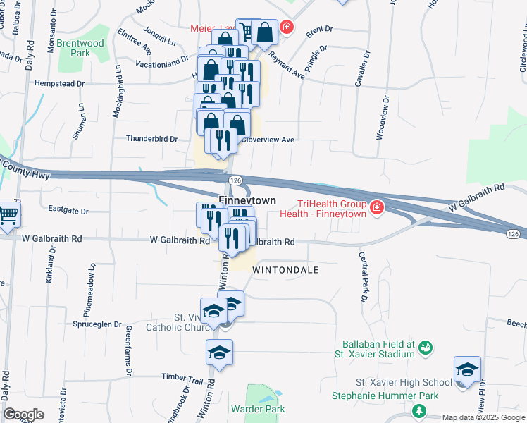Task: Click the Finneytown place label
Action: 247,201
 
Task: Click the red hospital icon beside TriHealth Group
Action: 377,207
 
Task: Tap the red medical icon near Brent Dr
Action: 286,27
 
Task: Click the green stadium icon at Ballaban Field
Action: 425,347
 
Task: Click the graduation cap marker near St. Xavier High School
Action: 467,369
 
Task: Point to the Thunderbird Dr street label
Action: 151,139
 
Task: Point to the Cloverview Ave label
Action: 268,140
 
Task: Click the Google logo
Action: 23,415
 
